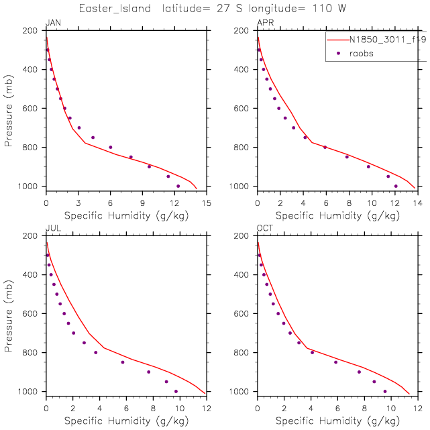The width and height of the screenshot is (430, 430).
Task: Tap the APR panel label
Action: tap(265, 23)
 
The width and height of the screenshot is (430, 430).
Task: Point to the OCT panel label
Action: tap(266, 229)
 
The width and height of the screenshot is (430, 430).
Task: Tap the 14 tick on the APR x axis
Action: tap(418, 202)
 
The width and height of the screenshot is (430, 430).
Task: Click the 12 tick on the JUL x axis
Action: tap(206, 407)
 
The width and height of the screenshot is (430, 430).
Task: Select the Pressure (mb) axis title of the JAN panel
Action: tap(9, 109)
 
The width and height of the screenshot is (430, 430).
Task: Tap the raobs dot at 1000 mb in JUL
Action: tap(176, 391)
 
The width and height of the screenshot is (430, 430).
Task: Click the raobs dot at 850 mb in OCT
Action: tap(336, 362)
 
